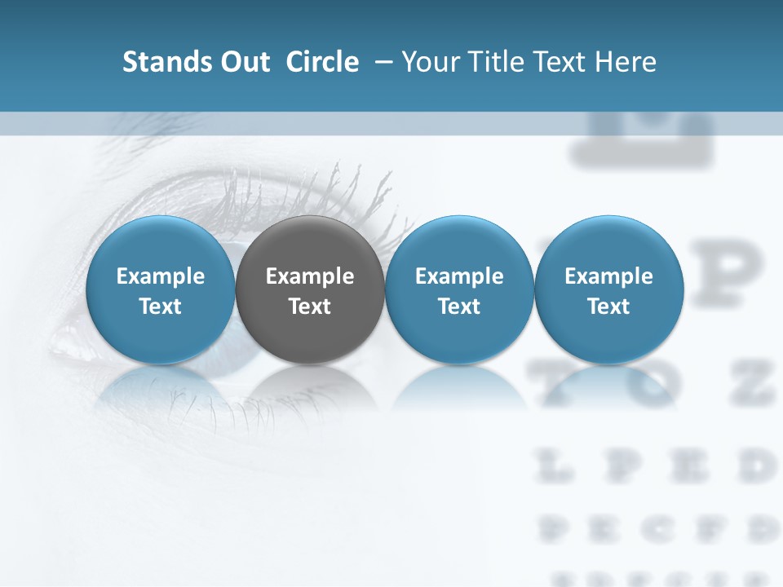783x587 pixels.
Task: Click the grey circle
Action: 310,289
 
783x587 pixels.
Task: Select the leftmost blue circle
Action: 160,289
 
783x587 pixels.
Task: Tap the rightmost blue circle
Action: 608,289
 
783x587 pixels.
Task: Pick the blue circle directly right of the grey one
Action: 459,289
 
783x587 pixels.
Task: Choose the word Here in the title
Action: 627,62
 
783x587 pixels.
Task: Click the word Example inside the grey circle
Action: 310,276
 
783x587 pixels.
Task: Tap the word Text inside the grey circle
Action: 310,307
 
